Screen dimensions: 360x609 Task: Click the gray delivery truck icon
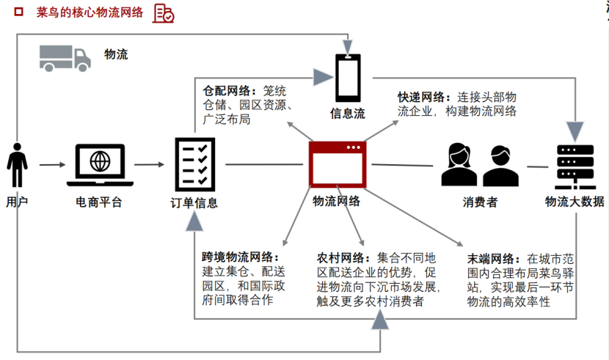[65, 56]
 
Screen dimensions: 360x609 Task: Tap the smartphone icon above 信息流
[347, 78]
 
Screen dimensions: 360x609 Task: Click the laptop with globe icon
[100, 166]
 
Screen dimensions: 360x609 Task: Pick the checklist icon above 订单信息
[194, 165]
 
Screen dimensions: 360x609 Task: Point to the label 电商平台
[99, 202]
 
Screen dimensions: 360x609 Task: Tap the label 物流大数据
[575, 202]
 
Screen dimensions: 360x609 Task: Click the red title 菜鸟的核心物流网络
[90, 13]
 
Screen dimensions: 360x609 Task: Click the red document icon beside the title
[163, 12]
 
